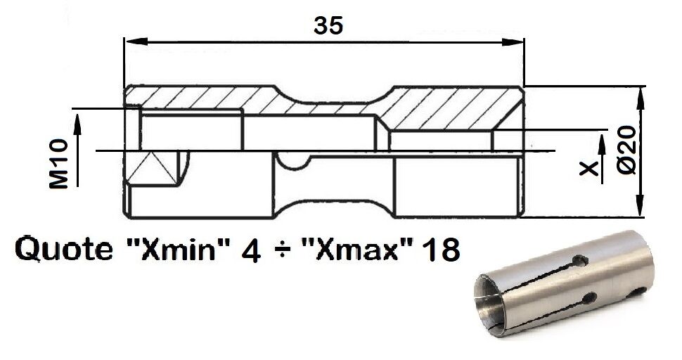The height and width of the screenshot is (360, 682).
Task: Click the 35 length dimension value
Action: click(328, 25)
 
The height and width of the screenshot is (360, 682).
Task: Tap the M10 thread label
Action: click(59, 164)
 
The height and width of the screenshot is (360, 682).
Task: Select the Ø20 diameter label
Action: click(627, 150)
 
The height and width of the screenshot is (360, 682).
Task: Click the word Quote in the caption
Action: click(63, 249)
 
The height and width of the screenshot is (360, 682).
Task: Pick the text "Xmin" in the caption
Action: click(179, 249)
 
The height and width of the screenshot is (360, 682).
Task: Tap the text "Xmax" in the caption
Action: click(356, 249)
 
